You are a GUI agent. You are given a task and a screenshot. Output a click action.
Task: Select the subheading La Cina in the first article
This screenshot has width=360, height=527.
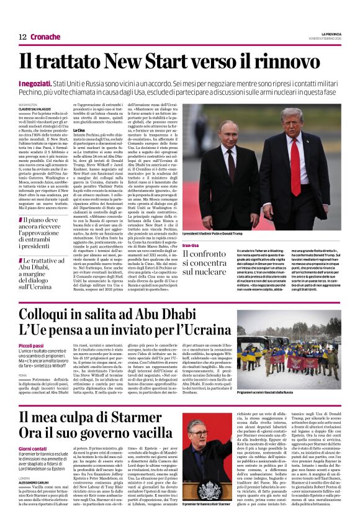pos(79,130)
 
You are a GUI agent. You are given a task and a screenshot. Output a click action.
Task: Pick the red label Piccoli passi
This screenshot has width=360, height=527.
pos(31,345)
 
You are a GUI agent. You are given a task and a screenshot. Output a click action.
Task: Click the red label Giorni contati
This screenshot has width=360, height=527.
pos(32,448)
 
